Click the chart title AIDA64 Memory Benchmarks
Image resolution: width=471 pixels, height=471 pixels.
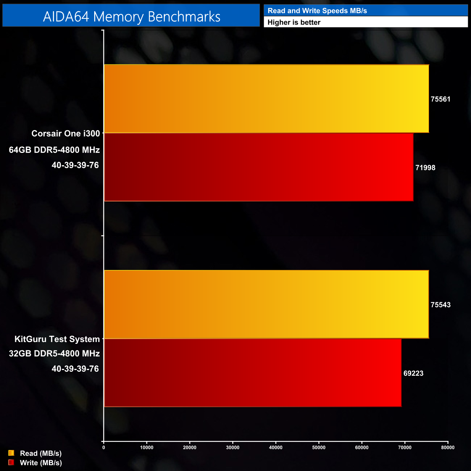(x=132, y=17)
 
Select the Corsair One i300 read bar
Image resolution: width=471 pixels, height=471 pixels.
(x=266, y=99)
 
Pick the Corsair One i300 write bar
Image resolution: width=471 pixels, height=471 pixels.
(x=259, y=167)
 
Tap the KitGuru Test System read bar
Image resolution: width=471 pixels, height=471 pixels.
(x=266, y=304)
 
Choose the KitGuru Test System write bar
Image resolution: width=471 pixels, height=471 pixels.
(x=253, y=373)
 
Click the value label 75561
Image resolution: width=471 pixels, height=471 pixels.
(x=440, y=99)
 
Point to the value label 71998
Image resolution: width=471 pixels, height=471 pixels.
(x=425, y=168)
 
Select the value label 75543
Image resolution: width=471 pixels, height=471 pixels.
(x=440, y=305)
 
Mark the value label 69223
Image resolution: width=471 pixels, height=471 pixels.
(x=413, y=373)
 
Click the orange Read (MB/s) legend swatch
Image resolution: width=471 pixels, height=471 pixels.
(x=11, y=453)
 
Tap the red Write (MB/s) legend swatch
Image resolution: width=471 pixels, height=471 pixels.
(x=11, y=462)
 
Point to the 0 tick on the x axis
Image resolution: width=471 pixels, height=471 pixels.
(x=104, y=447)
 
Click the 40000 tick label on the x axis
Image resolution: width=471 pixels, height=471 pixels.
(x=276, y=447)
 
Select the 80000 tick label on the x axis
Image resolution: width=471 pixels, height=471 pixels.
(x=447, y=447)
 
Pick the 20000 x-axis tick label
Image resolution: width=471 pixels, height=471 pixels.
(x=189, y=447)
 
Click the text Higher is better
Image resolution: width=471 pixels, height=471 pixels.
(x=294, y=22)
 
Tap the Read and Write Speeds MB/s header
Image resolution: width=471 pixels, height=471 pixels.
(x=317, y=11)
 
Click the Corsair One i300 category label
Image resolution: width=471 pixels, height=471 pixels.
(x=66, y=133)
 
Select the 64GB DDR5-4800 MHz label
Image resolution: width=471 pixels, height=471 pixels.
(x=54, y=150)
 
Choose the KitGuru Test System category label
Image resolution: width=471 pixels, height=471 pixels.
(x=57, y=339)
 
